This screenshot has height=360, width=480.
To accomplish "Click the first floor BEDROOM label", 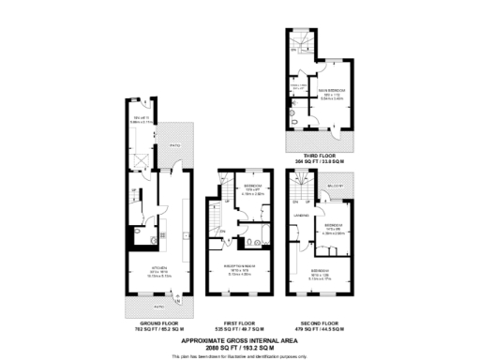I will [x=252, y=188].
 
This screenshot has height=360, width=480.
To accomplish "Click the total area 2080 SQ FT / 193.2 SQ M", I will [x=240, y=347].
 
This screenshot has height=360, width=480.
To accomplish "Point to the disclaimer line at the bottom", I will [x=240, y=355].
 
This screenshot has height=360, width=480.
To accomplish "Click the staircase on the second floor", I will [x=299, y=200].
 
